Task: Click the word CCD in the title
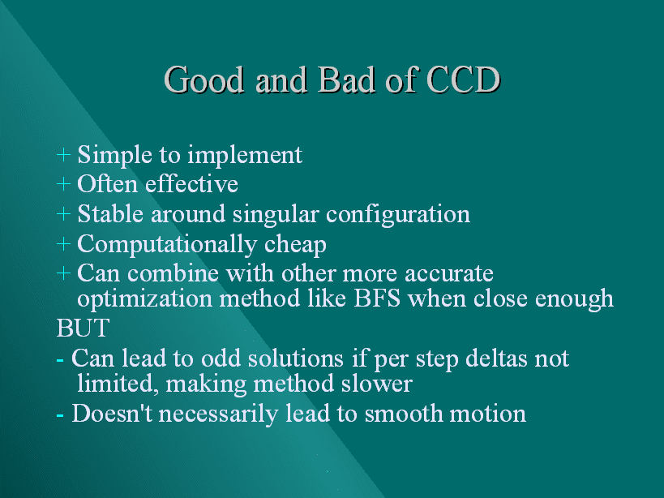click(x=464, y=79)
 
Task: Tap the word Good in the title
click(x=203, y=79)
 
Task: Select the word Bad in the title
click(x=346, y=79)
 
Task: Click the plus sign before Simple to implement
click(x=63, y=155)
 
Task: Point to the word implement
click(x=245, y=156)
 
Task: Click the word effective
click(x=191, y=184)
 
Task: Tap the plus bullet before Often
click(x=63, y=184)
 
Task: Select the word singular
click(x=276, y=215)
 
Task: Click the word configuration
click(x=398, y=215)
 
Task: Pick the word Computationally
click(x=167, y=245)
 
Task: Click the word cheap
click(x=295, y=245)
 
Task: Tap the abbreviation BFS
click(x=377, y=298)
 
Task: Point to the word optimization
click(x=144, y=300)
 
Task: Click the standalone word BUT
click(x=83, y=328)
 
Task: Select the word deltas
click(x=496, y=358)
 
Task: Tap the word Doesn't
click(x=112, y=414)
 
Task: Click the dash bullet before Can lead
click(x=60, y=360)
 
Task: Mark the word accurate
click(x=449, y=274)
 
